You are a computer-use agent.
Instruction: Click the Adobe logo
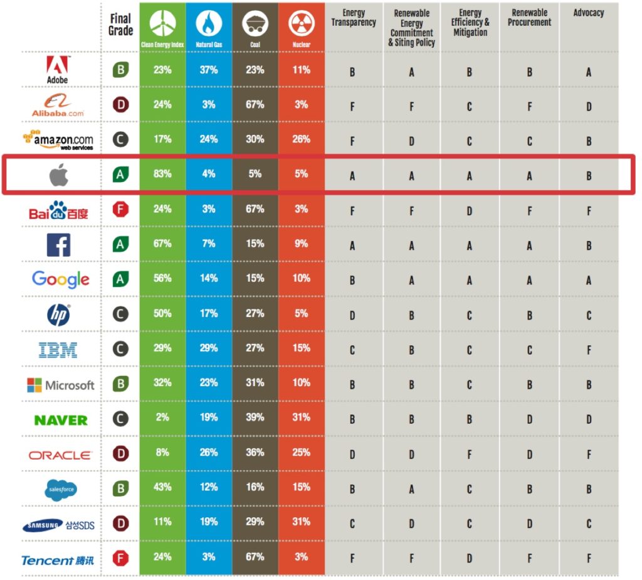[x=58, y=69]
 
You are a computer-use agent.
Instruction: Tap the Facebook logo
[x=58, y=244]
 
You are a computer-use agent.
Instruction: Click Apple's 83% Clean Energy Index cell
[x=162, y=174]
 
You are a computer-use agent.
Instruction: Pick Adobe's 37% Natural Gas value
[x=209, y=70]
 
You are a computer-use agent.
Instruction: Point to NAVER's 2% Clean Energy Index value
[x=162, y=417]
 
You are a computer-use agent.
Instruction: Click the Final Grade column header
[x=120, y=24]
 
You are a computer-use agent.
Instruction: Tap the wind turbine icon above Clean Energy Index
[x=162, y=23]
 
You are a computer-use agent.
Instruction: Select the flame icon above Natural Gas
[x=209, y=23]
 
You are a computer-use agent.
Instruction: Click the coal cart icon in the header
[x=255, y=24]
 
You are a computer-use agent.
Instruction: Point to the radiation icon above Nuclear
[x=301, y=23]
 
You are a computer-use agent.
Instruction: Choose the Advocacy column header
[x=589, y=13]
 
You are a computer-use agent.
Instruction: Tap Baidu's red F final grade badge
[x=120, y=209]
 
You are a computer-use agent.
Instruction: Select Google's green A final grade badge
[x=120, y=279]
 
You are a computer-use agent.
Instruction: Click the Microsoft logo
[x=61, y=385]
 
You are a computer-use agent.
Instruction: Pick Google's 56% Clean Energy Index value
[x=162, y=278]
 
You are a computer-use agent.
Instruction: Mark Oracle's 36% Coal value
[x=255, y=452]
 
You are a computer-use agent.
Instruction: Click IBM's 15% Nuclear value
[x=301, y=348]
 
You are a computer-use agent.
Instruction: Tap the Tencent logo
[x=58, y=560]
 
